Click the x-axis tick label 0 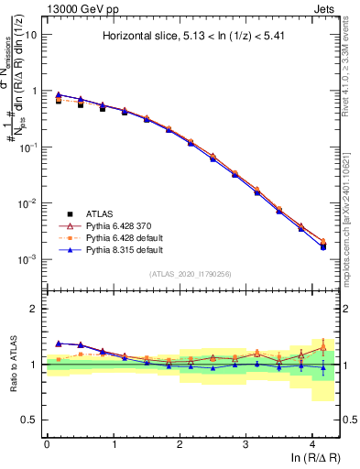pyautogui.click(x=47, y=442)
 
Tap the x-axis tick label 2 pyautogui.click(x=180, y=442)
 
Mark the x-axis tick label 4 pyautogui.click(x=312, y=442)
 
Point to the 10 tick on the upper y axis pyautogui.click(x=31, y=35)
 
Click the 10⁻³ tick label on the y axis pyautogui.click(x=27, y=259)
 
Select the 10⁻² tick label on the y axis pyautogui.click(x=27, y=203)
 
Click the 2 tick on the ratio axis pyautogui.click(x=34, y=309)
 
